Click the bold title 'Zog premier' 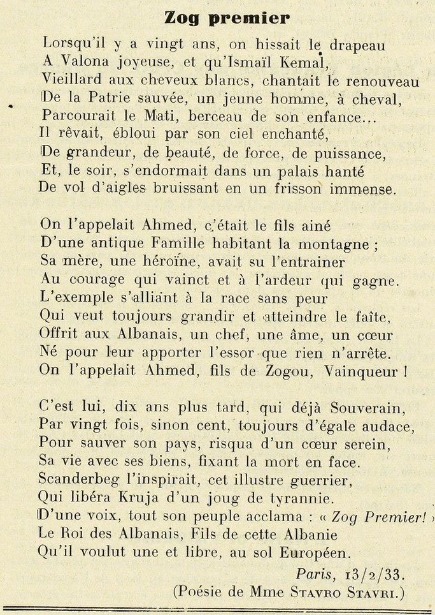tap(227, 18)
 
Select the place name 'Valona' tap(90, 64)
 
